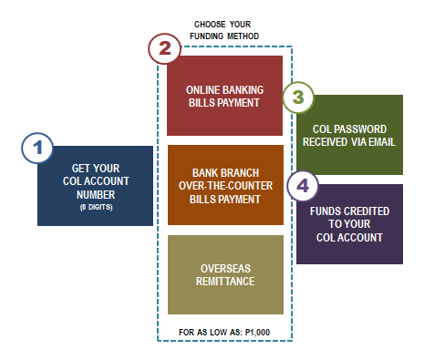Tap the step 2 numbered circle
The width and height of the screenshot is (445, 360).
(x=164, y=49)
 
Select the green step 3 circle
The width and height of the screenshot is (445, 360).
(x=299, y=98)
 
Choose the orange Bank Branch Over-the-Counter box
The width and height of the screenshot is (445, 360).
(x=225, y=185)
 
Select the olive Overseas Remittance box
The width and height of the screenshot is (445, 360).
(x=225, y=273)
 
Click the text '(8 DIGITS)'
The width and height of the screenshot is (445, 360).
(x=95, y=207)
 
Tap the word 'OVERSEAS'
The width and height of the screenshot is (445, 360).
(x=225, y=269)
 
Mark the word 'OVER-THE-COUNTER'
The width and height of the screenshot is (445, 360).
(x=225, y=185)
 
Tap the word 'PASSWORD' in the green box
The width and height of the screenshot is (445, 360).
(x=357, y=129)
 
